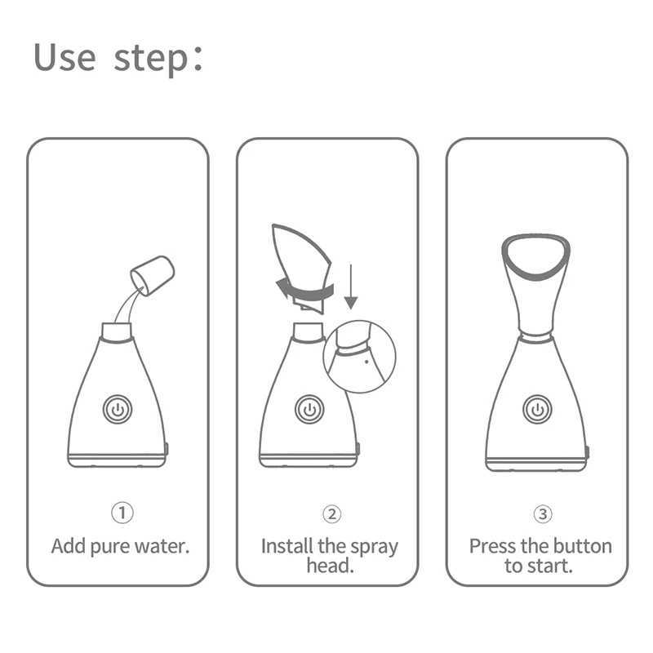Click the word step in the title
(150, 59)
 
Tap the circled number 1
(122, 513)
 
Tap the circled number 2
(330, 513)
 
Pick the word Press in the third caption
(491, 545)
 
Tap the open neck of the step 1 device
(116, 331)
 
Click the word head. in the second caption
(330, 566)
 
